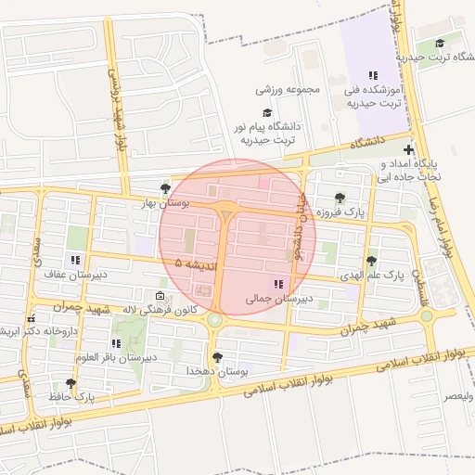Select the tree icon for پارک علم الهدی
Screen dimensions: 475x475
point(372,262)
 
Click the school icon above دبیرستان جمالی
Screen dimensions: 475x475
point(277,284)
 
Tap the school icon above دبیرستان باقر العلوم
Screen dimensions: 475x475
point(116,344)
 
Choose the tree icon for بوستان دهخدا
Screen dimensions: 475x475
point(218,357)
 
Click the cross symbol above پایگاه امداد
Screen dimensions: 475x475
point(409,148)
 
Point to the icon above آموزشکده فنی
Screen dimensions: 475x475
point(372,75)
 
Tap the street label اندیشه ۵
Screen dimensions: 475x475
point(196,265)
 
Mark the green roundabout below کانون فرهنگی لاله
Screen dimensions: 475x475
point(215,320)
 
